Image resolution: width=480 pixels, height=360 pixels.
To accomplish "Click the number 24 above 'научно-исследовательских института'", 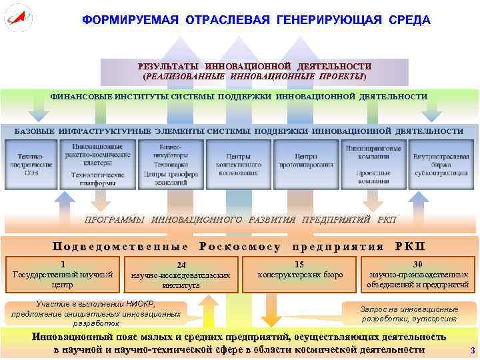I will [x=181, y=265].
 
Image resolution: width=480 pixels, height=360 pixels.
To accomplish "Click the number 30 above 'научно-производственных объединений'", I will [x=418, y=264].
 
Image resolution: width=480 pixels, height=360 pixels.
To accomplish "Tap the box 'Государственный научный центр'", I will [x=62, y=275].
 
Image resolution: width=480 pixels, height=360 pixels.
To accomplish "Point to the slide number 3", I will [x=472, y=351].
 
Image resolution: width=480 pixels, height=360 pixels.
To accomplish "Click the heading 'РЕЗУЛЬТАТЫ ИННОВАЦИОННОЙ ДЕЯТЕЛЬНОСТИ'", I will [x=254, y=67].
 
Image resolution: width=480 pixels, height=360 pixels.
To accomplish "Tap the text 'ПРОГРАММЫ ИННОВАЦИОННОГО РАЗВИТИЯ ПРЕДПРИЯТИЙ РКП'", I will [x=240, y=219].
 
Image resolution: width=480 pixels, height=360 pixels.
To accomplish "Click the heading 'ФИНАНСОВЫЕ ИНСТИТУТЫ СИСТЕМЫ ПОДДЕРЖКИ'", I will [x=239, y=97].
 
